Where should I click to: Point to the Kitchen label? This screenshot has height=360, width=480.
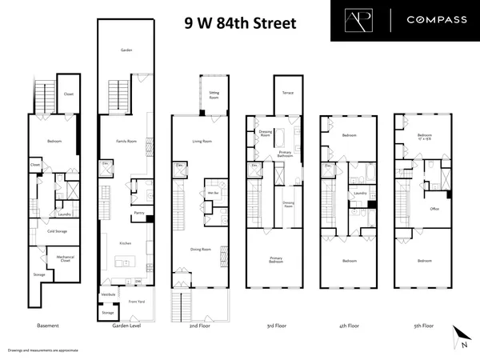(126, 242)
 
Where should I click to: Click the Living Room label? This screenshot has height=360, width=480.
(202, 141)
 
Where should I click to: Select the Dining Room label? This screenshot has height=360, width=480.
(202, 248)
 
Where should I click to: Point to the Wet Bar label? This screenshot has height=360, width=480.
(214, 194)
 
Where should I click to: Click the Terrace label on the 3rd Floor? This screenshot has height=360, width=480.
(287, 94)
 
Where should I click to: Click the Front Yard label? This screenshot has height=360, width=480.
(137, 301)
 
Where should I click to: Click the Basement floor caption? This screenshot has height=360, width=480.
(50, 326)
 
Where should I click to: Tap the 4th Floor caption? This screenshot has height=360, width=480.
(350, 326)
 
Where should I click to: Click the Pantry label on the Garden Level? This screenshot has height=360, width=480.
(138, 213)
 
